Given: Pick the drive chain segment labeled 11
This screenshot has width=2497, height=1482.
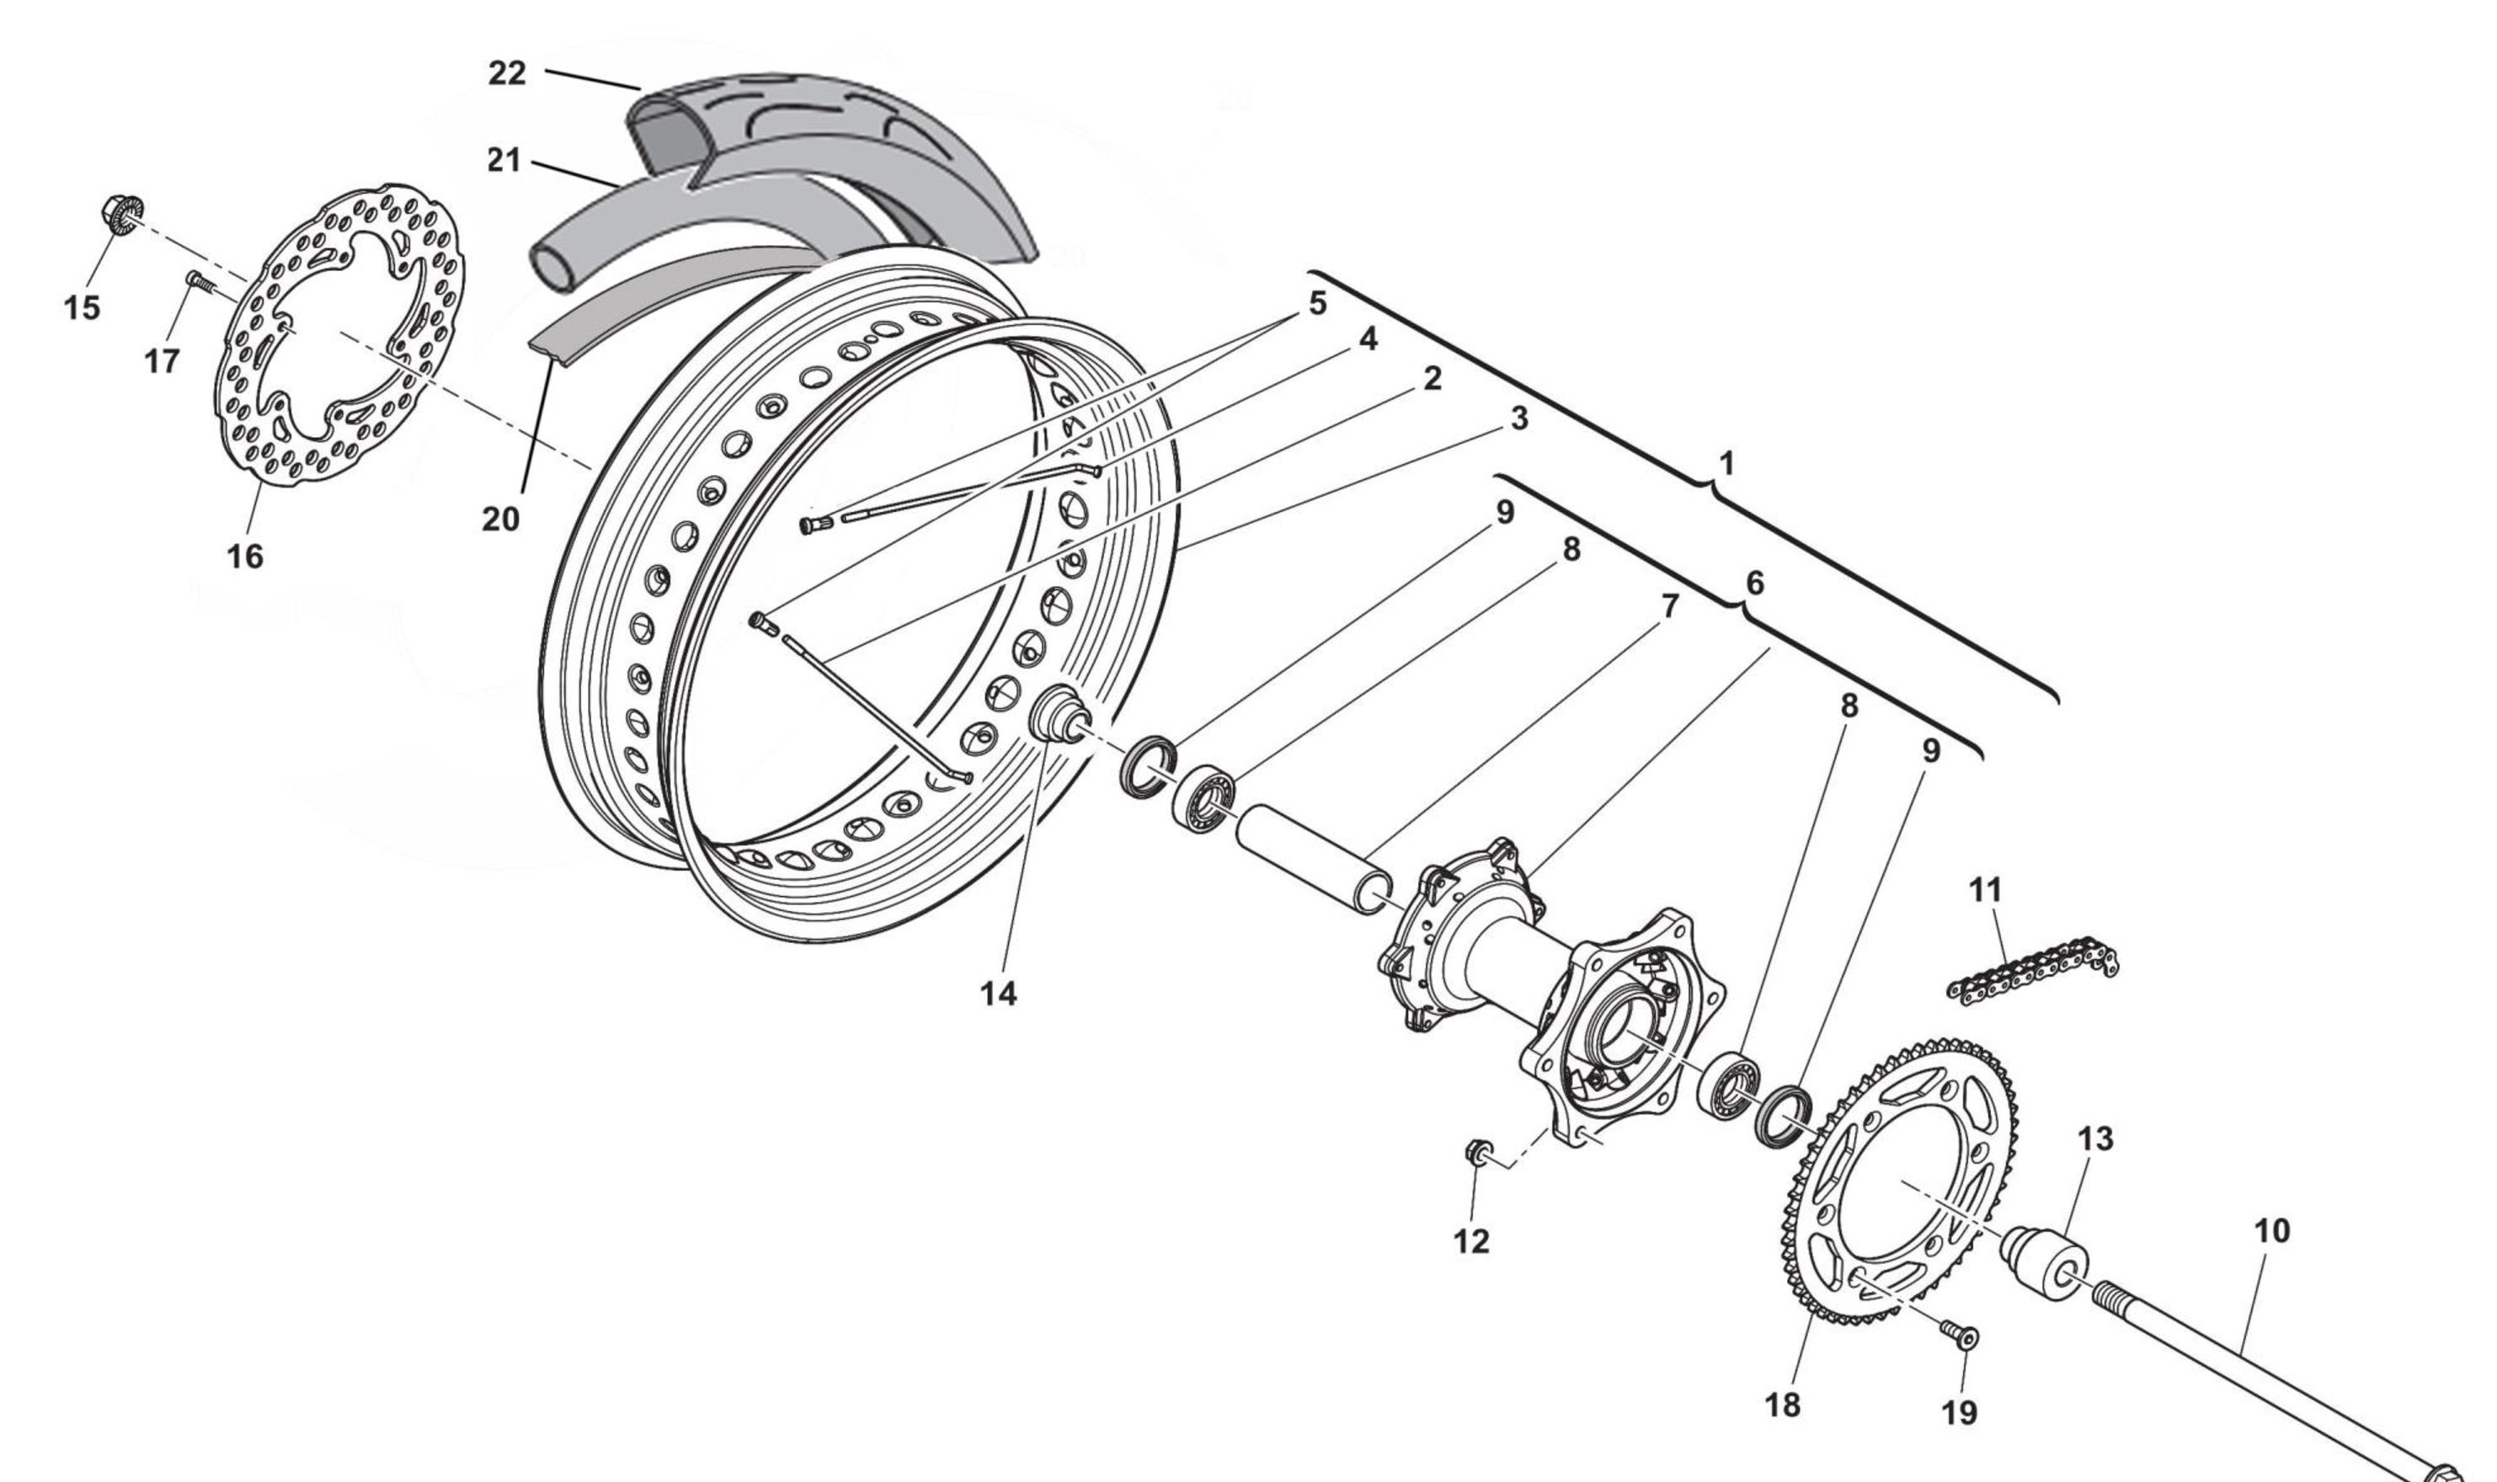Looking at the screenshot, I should pos(2033,970).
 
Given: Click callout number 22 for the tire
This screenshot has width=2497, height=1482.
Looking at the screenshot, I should pos(506,74).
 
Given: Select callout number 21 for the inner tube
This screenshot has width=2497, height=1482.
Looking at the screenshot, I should pos(504,160).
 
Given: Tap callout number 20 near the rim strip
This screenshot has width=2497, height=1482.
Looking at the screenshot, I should pos(500,520).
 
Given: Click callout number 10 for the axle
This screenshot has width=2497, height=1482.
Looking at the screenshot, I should pos(2272,1231).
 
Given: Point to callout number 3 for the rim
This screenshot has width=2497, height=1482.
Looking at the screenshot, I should pos(1518,419).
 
